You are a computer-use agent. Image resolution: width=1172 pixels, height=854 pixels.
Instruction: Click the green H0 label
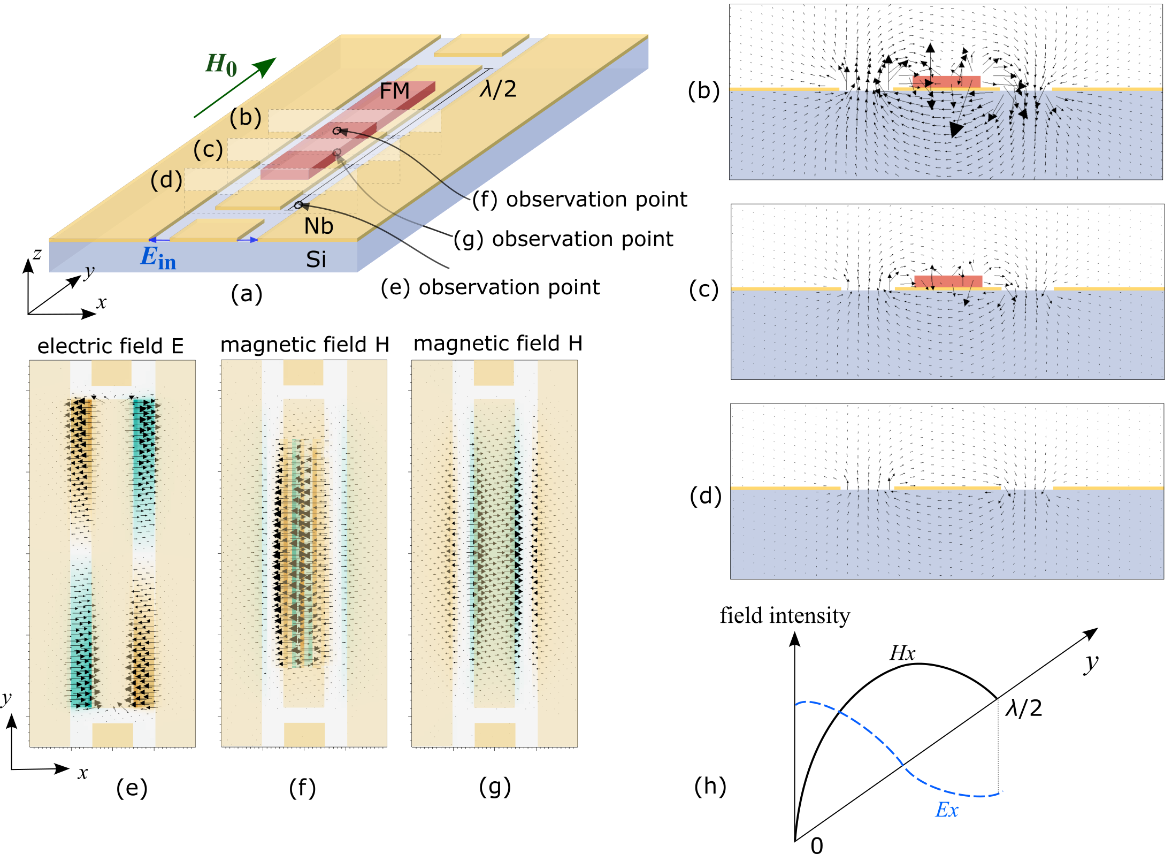pos(221,65)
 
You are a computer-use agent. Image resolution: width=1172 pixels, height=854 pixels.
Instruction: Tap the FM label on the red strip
pos(394,91)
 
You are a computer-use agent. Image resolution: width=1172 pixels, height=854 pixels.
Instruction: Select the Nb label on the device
pos(318,226)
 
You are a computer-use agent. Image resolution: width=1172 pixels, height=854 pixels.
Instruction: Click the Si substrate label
pos(316,260)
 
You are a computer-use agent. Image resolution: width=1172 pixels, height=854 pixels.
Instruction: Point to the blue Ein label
pos(158,258)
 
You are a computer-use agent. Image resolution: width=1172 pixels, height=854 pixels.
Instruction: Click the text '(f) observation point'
pos(579,200)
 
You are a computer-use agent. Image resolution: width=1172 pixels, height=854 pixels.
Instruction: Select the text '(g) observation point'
pos(563,239)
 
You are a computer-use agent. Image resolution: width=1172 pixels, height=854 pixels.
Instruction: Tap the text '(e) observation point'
pos(490,287)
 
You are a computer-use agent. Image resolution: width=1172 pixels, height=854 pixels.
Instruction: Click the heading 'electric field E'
pos(110,346)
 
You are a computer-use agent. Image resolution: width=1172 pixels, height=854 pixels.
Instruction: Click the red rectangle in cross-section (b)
pos(946,81)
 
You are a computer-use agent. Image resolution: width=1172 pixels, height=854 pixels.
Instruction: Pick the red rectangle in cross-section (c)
pos(948,281)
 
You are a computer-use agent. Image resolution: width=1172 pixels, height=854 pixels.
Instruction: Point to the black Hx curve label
pos(902,653)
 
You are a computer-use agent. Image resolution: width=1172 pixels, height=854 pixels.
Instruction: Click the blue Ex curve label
pos(946,810)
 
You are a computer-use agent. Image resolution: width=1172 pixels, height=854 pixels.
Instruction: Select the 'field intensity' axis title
pos(785,616)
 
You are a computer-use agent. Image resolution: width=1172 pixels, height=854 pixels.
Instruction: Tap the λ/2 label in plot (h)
pos(1024,708)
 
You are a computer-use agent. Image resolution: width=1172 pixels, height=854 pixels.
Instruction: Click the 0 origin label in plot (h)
pos(816,845)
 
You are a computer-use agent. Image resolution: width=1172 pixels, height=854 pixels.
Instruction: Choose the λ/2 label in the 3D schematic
pos(498,89)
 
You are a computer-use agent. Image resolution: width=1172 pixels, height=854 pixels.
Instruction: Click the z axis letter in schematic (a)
pos(37,253)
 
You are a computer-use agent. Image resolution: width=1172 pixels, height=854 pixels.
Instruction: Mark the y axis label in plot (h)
pos(1091,663)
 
